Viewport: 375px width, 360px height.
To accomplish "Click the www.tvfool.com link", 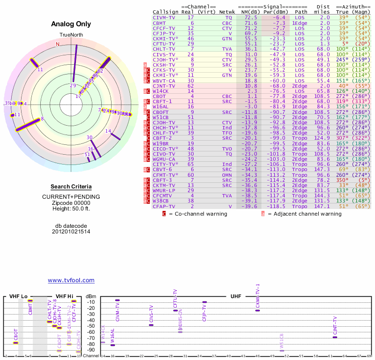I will pos(71,280).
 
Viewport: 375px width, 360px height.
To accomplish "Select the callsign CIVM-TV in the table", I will pos(164,17).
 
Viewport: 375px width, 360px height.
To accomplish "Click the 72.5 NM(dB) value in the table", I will pos(251,17).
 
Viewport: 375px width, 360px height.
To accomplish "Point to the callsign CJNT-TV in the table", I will pos(164,86).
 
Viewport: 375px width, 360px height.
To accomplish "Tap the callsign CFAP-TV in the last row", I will pos(164,206).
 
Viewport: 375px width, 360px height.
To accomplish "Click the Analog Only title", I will pos(72,24).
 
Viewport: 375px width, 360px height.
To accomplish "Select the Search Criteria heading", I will pos(71,187).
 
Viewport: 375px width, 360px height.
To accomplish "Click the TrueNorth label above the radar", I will pos(71,35).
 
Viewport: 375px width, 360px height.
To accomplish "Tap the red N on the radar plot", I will pos(58,44).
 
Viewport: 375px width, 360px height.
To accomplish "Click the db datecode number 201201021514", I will pos(71,232).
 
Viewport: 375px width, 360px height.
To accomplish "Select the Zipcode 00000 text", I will pos(71,202).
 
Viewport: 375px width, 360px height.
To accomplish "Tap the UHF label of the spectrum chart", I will pos(236,296).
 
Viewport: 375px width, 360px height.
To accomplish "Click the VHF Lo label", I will pos(18,296).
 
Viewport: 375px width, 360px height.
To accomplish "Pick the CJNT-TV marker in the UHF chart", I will pos(335,337).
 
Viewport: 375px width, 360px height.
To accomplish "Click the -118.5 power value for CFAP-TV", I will pos(277,206).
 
